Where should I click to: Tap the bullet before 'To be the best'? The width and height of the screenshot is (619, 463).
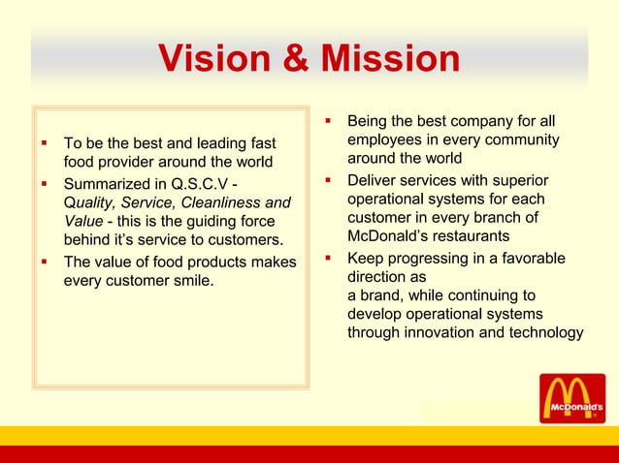coord(44,142)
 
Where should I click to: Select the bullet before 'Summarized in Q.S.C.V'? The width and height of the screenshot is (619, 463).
coord(44,182)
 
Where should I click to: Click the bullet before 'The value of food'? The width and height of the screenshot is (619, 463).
coord(44,262)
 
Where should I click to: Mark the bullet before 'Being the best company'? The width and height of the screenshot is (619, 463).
coord(328,121)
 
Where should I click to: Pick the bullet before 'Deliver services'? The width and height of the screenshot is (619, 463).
coord(328,180)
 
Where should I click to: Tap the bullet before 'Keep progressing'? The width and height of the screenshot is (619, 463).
coord(328,259)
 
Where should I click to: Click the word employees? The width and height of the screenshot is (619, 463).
coord(386,140)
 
